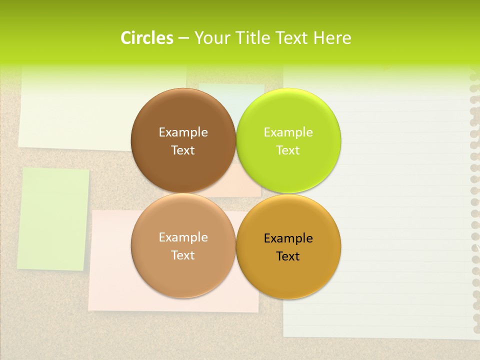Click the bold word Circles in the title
pyautogui.click(x=146, y=38)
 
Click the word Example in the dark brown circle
pyautogui.click(x=183, y=132)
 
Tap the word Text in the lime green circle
pyautogui.click(x=288, y=150)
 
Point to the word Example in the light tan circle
pyautogui.click(x=183, y=237)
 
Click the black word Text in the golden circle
pyautogui.click(x=288, y=256)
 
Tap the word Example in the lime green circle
pyautogui.click(x=288, y=132)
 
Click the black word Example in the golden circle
pyautogui.click(x=288, y=238)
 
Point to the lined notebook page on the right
pyautogui.click(x=400, y=200)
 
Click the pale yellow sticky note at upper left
pyautogui.click(x=75, y=115)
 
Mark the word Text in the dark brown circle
pyautogui.click(x=183, y=150)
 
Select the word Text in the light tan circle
pyautogui.click(x=183, y=255)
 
